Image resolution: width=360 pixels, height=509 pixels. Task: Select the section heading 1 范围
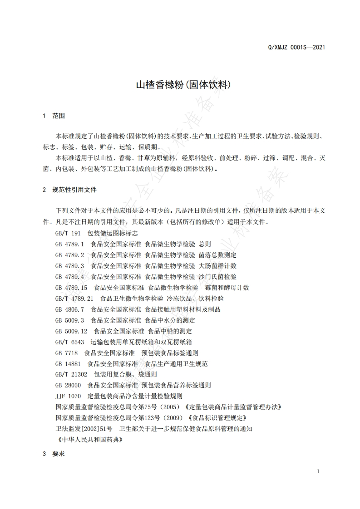click(54, 116)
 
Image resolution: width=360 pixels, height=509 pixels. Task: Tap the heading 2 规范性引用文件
click(69, 190)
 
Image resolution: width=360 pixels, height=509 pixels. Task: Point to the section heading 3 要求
click(54, 453)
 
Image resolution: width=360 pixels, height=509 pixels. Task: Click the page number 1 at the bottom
click(318, 471)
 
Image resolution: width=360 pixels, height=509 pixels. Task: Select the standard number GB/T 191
click(68, 233)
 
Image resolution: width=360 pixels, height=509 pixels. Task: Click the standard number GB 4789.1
click(69, 244)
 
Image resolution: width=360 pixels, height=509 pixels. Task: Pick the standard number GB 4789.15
click(71, 288)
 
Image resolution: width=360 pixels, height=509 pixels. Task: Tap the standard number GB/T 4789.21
click(74, 299)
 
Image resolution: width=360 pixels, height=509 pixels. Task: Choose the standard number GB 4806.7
click(69, 309)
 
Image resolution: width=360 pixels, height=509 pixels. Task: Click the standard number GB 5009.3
click(69, 320)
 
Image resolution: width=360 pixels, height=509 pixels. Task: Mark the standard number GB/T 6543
click(69, 342)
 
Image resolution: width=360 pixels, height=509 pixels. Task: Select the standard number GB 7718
click(66, 353)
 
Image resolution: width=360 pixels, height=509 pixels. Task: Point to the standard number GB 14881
click(68, 364)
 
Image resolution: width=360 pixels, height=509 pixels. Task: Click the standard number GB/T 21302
click(71, 375)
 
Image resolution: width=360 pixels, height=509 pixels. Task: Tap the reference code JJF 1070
click(68, 396)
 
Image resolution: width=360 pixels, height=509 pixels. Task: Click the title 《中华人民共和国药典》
click(90, 440)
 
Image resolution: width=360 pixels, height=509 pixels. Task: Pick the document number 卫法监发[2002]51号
click(84, 429)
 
